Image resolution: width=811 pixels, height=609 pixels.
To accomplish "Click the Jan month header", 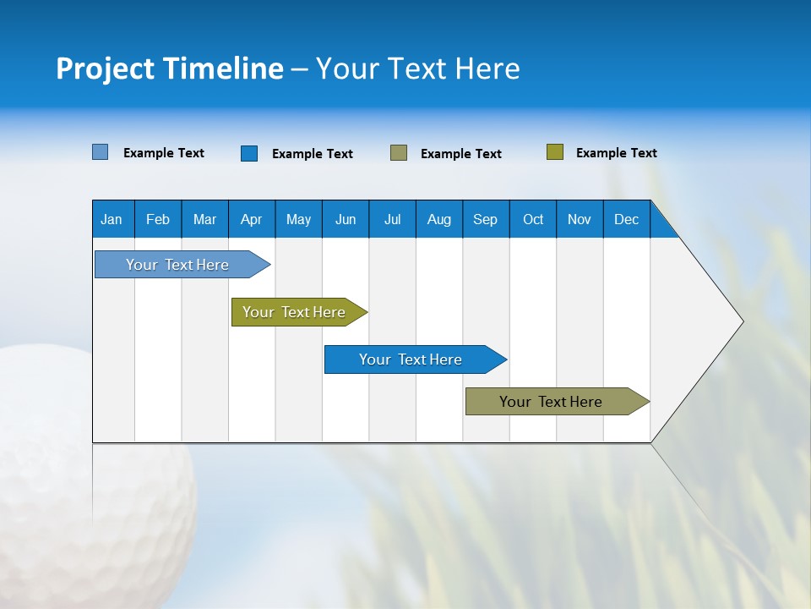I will click(112, 219).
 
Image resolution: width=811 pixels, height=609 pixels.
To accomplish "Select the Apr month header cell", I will click(252, 219).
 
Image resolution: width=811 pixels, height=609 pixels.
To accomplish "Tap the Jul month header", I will click(392, 219).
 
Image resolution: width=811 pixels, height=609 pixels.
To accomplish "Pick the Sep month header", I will click(486, 219).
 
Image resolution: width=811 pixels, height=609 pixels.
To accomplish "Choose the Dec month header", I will click(626, 219).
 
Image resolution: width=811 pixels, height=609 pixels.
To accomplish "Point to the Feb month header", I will click(158, 219).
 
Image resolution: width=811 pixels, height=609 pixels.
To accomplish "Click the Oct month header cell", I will click(533, 219).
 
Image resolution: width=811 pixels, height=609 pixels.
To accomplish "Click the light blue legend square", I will click(101, 152).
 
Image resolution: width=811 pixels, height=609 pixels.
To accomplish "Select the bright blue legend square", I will click(249, 153).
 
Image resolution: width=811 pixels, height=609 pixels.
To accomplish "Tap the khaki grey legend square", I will click(399, 152).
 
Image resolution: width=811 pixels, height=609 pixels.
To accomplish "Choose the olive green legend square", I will click(555, 152).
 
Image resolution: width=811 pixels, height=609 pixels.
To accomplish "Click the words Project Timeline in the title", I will click(169, 69).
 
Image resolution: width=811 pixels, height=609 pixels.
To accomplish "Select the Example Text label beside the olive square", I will click(616, 153).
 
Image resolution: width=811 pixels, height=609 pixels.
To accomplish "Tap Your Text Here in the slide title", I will click(417, 69).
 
